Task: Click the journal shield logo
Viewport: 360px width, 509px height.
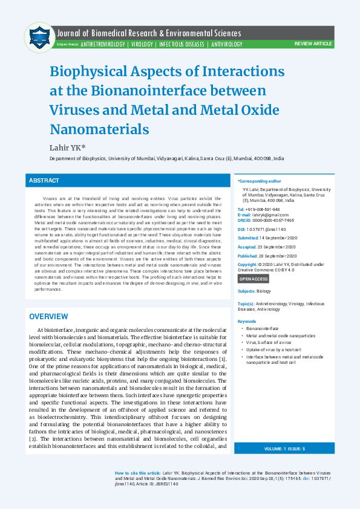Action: click(x=39, y=38)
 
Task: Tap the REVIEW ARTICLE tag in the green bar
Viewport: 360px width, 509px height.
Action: click(x=313, y=45)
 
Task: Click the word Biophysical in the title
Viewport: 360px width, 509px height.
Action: click(x=95, y=71)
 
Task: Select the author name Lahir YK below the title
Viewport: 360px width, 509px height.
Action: click(x=68, y=147)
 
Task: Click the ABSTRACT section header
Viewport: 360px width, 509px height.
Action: click(x=44, y=181)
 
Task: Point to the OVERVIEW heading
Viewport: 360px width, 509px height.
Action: click(x=49, y=317)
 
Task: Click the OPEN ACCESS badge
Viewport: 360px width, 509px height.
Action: click(x=254, y=279)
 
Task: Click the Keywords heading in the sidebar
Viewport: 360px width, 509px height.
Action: click(x=247, y=321)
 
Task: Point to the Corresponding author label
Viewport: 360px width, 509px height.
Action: click(x=260, y=181)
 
